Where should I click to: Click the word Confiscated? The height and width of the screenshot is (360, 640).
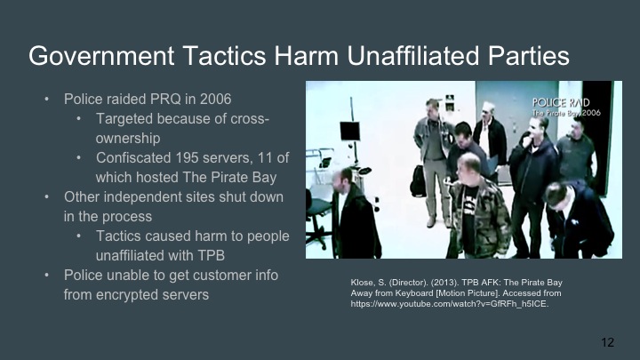(x=134, y=157)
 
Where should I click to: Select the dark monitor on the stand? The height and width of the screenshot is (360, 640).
(x=349, y=131)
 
